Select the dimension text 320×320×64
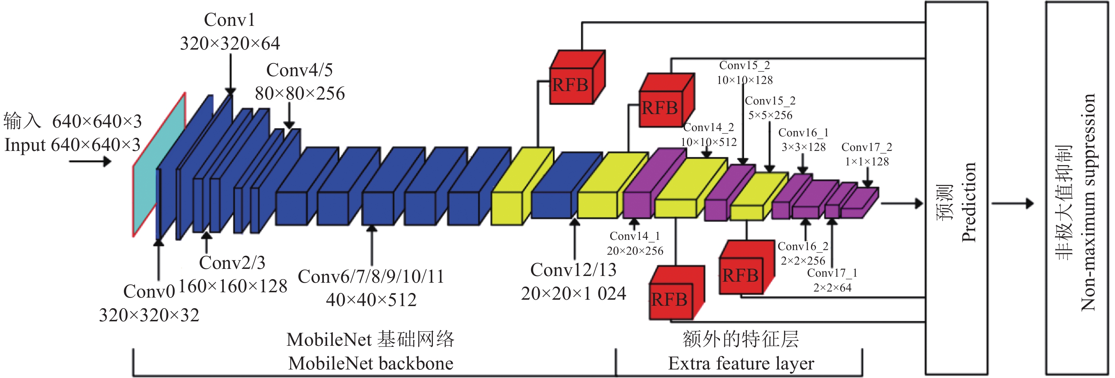pyautogui.click(x=230, y=43)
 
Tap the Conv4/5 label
pyautogui.click(x=299, y=70)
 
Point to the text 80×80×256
pyautogui.click(x=299, y=94)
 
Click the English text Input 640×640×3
pyautogui.click(x=72, y=145)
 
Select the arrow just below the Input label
pyautogui.click(x=90, y=162)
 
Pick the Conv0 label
pyautogui.click(x=149, y=292)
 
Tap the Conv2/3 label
pyautogui.click(x=232, y=263)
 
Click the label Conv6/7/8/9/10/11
pyautogui.click(x=371, y=277)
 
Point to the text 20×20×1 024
pyautogui.click(x=573, y=294)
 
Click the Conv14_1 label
pyautogui.click(x=635, y=236)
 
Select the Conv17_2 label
pyautogui.click(x=867, y=147)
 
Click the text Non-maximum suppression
pyautogui.click(x=1087, y=202)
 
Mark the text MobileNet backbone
pyautogui.click(x=371, y=363)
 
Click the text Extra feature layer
pyautogui.click(x=741, y=363)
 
